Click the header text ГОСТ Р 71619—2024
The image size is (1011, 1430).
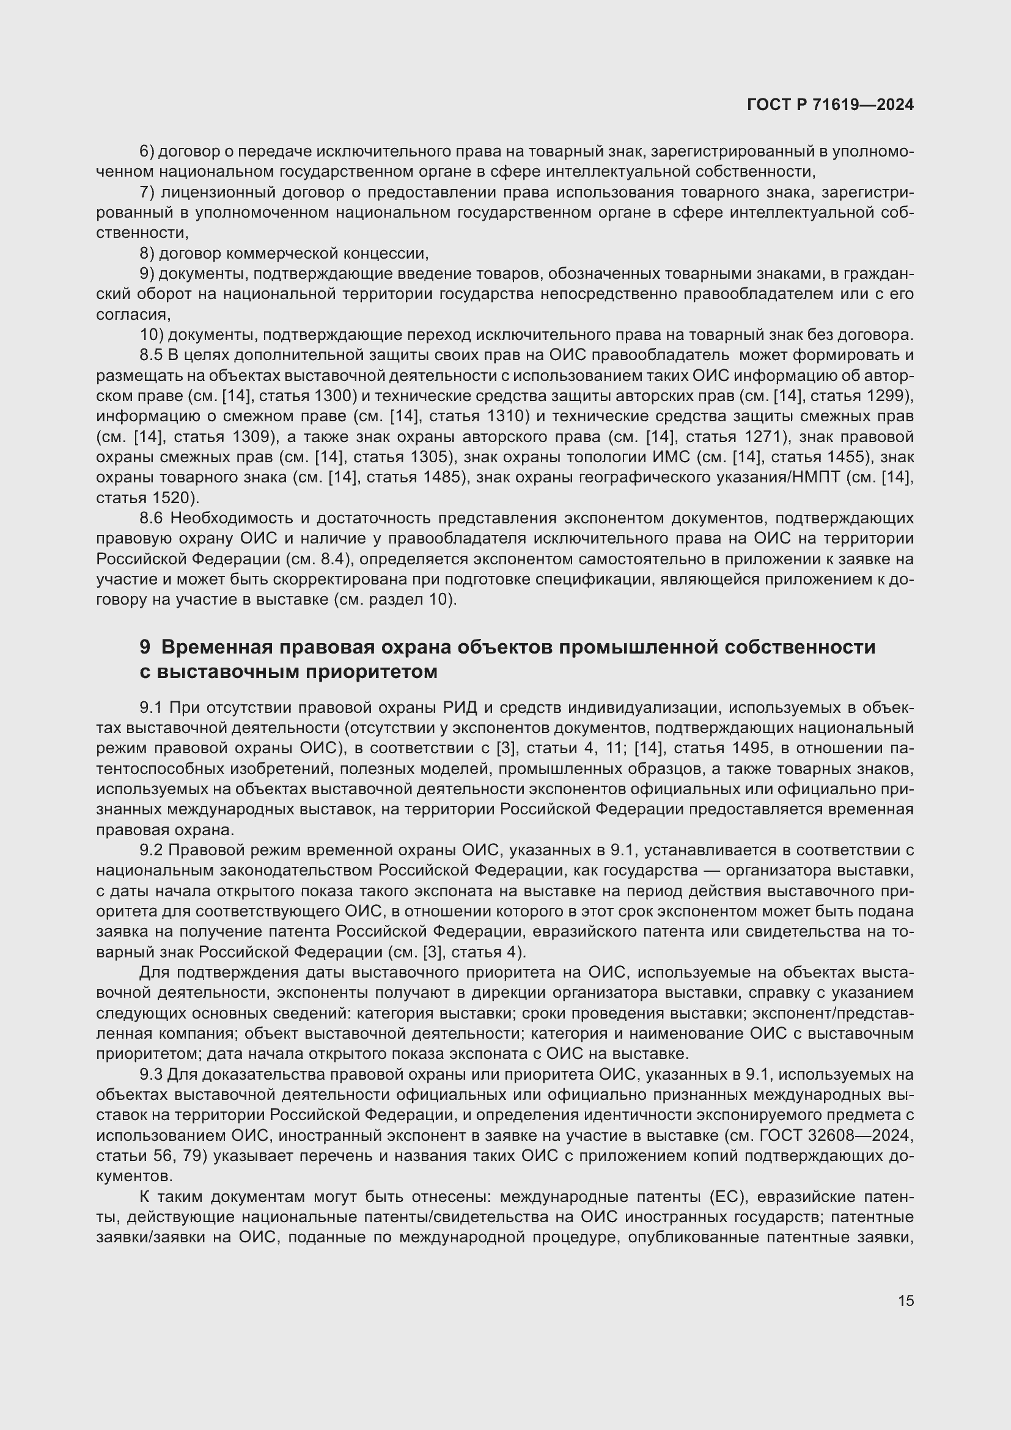(830, 105)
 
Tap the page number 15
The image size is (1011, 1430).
(906, 1300)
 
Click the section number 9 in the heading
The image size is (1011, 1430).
(144, 647)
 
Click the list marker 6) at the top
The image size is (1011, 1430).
(147, 152)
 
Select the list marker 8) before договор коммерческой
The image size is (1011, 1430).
(147, 254)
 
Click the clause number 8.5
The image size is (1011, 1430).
(150, 355)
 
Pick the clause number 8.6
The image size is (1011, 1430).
(150, 518)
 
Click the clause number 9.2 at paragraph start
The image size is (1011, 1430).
(150, 850)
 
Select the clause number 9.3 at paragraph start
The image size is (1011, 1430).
(150, 1074)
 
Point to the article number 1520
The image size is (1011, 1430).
(172, 498)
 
